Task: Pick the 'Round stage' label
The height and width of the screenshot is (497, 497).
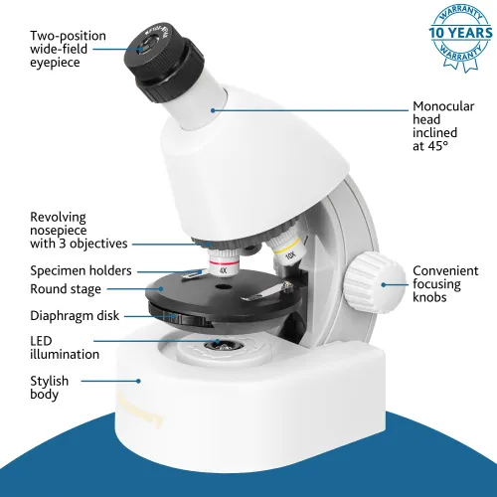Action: pos(65,289)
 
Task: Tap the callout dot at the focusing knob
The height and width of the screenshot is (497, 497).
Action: pos(384,284)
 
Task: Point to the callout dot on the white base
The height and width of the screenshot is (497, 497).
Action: pos(138,379)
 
